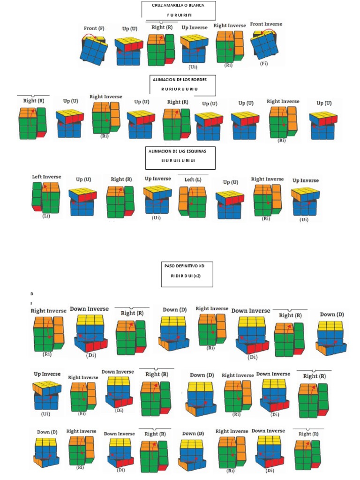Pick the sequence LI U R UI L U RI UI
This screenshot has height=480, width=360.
click(180, 161)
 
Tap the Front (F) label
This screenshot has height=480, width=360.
click(94, 28)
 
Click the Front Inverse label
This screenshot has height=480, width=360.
click(266, 24)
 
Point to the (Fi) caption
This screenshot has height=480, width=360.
click(264, 63)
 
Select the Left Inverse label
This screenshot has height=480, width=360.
click(46, 177)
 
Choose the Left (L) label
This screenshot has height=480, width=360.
click(192, 180)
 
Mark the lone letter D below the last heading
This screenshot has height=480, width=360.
click(32, 293)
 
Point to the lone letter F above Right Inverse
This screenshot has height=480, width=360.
click(31, 303)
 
